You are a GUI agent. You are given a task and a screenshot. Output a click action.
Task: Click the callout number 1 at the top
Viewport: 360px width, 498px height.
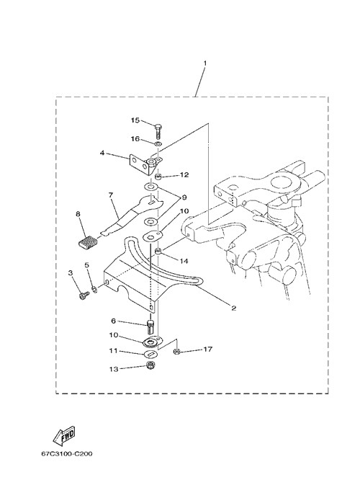[205, 63]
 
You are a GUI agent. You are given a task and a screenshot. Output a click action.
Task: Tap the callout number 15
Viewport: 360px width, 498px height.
[135, 120]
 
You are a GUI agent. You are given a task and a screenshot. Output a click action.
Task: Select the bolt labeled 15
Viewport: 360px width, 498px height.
[158, 130]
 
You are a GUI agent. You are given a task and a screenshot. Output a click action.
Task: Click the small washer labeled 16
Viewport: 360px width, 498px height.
[158, 144]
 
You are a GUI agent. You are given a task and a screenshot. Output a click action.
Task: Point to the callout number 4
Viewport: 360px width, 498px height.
[102, 153]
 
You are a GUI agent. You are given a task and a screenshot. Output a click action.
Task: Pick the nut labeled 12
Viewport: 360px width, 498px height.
[159, 176]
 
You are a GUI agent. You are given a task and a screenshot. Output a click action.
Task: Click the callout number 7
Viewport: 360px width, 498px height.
[111, 195]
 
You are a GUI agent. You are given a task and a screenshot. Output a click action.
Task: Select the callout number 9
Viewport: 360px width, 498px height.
[184, 197]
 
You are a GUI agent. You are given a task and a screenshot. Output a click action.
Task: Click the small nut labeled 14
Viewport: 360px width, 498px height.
[158, 252]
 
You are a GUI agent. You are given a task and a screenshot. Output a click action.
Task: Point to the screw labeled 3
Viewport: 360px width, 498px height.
[84, 295]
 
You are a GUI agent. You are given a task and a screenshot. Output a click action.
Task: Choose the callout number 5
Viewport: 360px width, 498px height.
[86, 265]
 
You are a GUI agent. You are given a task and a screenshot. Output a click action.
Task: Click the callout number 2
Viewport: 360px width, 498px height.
[234, 308]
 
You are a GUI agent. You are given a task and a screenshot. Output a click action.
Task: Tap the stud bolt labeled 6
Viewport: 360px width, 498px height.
[150, 327]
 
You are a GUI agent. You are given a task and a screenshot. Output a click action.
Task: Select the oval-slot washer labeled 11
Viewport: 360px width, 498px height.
[150, 354]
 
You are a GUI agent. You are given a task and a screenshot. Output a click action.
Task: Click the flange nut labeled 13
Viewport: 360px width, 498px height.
[149, 365]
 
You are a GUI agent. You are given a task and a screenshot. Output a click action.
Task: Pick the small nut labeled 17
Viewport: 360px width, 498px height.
[176, 352]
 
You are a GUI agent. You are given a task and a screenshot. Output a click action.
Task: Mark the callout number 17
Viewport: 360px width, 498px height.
[208, 349]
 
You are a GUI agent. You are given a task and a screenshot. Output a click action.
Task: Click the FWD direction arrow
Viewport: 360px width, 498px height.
[63, 435]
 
